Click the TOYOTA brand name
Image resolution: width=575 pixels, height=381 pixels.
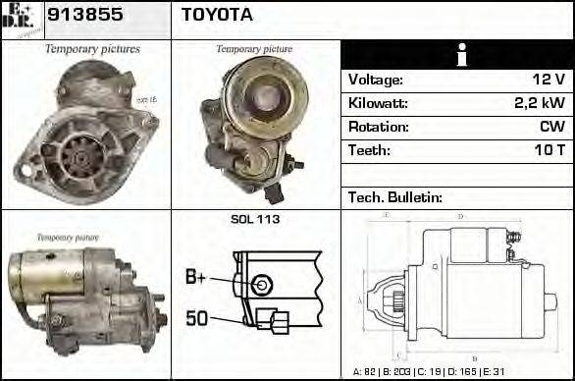[x=217, y=16]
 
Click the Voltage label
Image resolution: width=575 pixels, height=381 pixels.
[x=376, y=80]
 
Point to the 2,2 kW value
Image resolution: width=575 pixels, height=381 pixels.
[x=540, y=103]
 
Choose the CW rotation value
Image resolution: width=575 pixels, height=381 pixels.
[x=551, y=127]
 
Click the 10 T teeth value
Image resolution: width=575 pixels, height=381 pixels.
[x=548, y=150]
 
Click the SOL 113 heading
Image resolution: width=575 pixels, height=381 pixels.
[x=255, y=219]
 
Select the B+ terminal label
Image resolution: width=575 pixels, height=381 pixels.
[x=196, y=278]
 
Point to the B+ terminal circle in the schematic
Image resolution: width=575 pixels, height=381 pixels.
[x=260, y=285]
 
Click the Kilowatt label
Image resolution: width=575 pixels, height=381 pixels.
[x=378, y=103]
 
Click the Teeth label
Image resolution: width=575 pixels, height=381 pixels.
[x=369, y=150]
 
